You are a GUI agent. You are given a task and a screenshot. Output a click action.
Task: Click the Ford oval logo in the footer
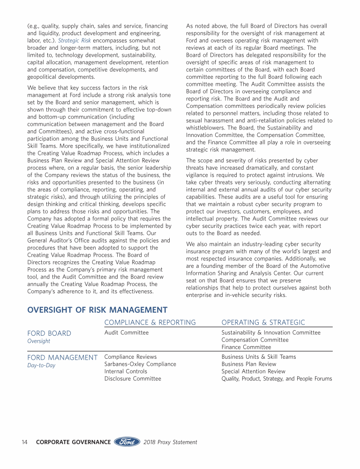coord(127,442)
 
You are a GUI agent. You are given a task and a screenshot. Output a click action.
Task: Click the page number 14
coord(25,442)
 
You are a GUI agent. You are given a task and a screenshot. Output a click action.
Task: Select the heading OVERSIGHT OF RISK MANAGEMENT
coord(97,310)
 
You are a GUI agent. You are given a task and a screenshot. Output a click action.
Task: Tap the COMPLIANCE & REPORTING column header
coord(150,322)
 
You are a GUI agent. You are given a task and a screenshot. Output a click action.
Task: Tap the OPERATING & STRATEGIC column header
coord(263,322)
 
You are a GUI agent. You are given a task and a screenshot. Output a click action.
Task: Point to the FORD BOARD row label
coord(49,333)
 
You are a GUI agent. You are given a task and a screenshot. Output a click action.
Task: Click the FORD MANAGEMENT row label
coord(62,358)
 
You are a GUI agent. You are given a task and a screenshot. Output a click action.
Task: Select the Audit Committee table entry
coord(126,333)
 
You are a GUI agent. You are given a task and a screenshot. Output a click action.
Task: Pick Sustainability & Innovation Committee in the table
coord(271,333)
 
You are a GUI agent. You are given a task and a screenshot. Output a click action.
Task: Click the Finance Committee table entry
coord(246,348)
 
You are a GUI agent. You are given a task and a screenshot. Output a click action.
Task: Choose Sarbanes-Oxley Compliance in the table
coord(140,364)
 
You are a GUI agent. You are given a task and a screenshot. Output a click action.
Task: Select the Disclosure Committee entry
coord(132,379)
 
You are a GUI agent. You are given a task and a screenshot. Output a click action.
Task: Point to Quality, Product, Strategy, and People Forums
coord(277,379)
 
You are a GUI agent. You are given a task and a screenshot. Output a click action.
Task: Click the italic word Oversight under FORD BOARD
coord(38,341)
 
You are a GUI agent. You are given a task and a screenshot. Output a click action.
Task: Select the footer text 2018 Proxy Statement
coord(170,442)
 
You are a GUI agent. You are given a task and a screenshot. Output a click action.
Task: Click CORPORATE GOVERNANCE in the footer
coord(73,442)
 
